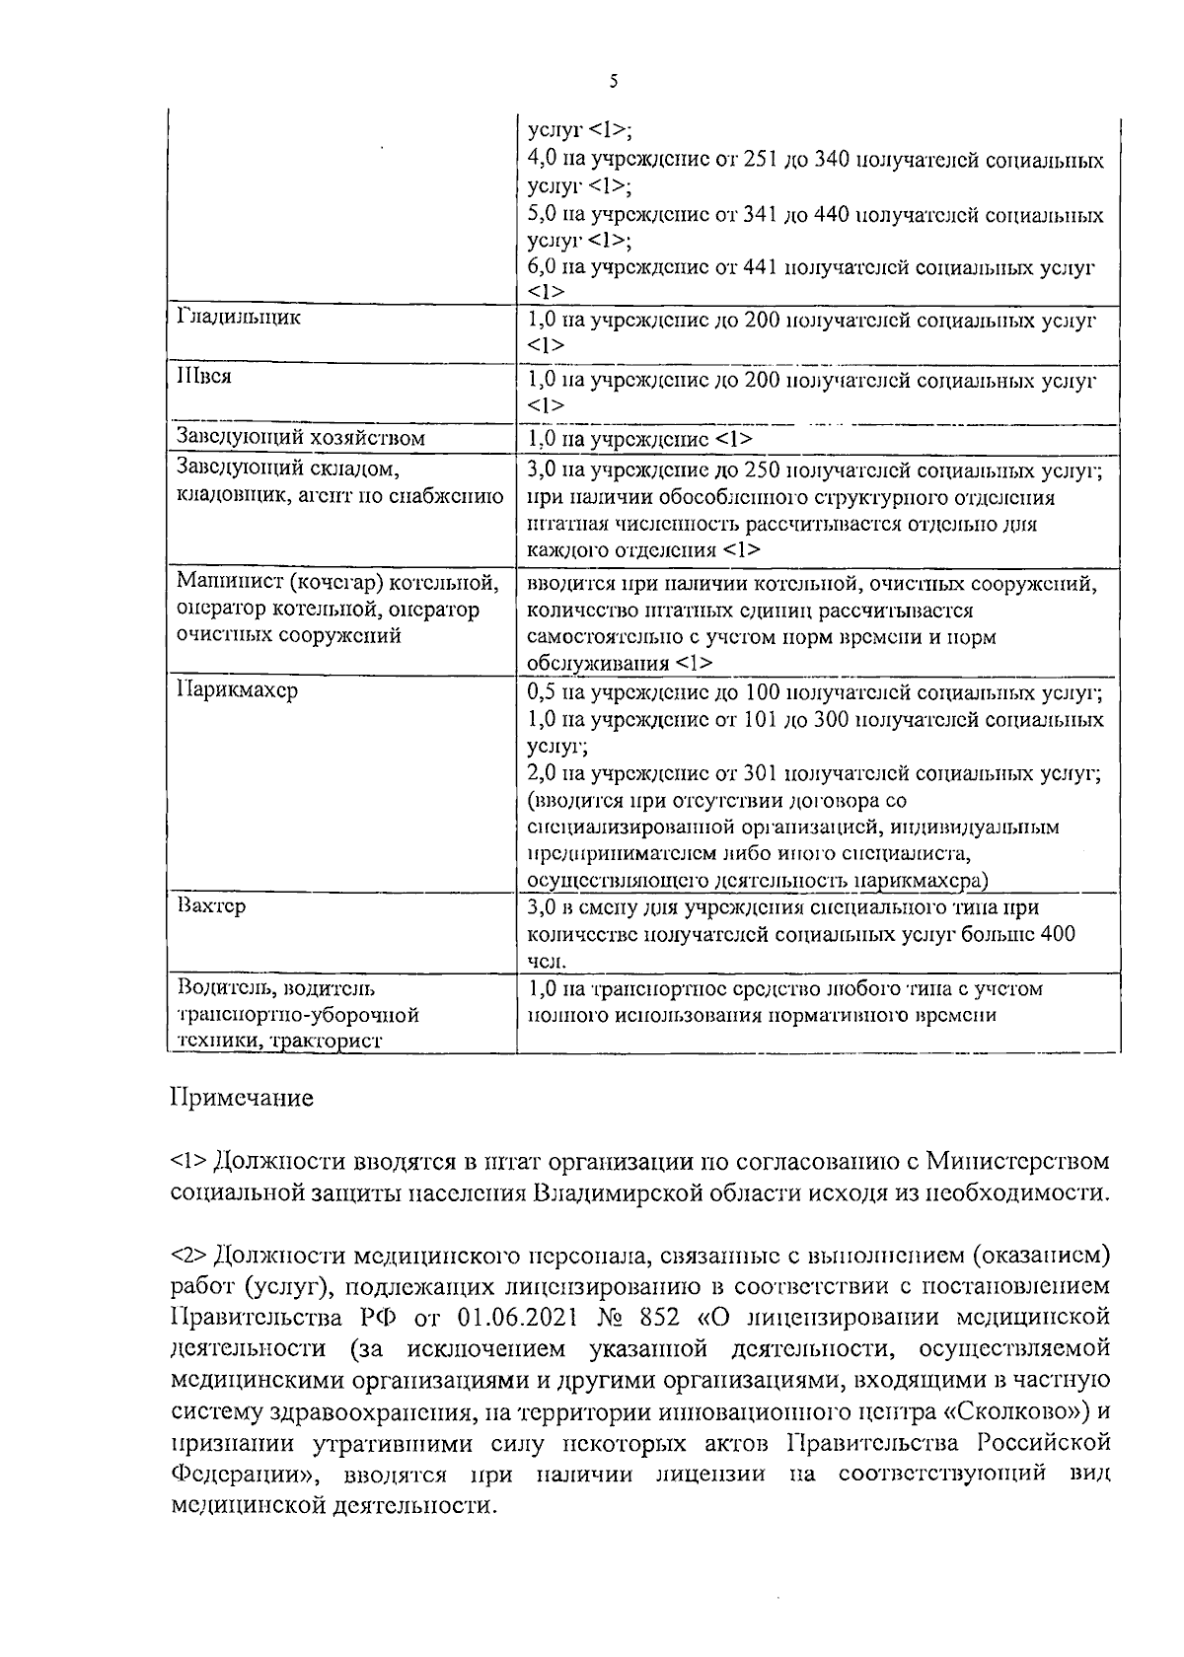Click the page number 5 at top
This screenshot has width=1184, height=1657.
pos(613,82)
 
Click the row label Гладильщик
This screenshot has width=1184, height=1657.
pos(239,318)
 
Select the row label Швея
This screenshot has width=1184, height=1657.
pos(204,378)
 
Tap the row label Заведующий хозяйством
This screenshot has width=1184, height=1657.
pos(300,437)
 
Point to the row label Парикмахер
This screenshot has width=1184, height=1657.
pos(237,689)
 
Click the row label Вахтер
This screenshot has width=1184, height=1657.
pos(211,905)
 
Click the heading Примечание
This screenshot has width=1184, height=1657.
pos(243,1097)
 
